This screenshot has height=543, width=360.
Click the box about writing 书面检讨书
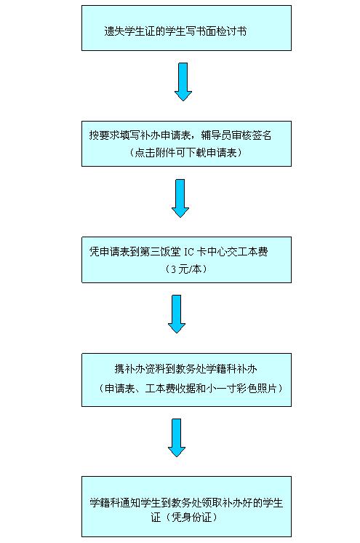(186, 28)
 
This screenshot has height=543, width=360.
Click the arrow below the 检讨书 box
(183, 82)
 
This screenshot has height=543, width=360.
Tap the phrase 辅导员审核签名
(236, 135)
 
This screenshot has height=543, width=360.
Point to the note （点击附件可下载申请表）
(186, 152)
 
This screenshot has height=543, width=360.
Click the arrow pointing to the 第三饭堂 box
(180, 198)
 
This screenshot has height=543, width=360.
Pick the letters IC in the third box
(188, 252)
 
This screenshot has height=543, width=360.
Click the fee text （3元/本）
(186, 269)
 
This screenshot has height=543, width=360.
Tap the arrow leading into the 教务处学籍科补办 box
(177, 314)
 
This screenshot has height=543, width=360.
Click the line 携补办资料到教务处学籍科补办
(186, 369)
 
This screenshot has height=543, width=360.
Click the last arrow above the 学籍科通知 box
(177, 437)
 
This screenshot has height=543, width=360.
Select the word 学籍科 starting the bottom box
(105, 502)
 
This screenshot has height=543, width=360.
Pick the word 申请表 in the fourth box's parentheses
(120, 389)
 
